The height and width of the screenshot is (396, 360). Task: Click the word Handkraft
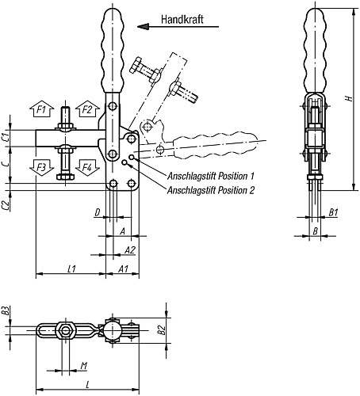click(182, 19)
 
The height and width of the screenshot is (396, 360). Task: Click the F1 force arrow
click(41, 109)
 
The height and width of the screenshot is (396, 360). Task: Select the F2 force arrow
click(87, 109)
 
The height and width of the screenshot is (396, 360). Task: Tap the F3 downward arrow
click(41, 168)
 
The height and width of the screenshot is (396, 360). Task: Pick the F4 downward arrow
click(87, 168)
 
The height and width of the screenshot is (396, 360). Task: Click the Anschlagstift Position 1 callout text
click(211, 176)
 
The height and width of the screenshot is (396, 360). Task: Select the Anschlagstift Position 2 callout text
click(211, 190)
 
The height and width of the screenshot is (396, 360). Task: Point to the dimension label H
click(350, 98)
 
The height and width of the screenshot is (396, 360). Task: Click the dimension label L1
click(71, 269)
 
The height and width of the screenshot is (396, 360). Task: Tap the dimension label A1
click(123, 269)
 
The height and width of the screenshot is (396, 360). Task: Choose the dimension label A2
click(130, 250)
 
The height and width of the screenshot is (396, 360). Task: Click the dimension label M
click(83, 366)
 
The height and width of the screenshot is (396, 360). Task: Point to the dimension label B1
click(334, 212)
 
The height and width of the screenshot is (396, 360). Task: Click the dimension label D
click(98, 212)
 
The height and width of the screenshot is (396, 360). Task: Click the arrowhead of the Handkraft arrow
click(143, 27)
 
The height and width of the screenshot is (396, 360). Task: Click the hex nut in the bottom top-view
click(65, 330)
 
